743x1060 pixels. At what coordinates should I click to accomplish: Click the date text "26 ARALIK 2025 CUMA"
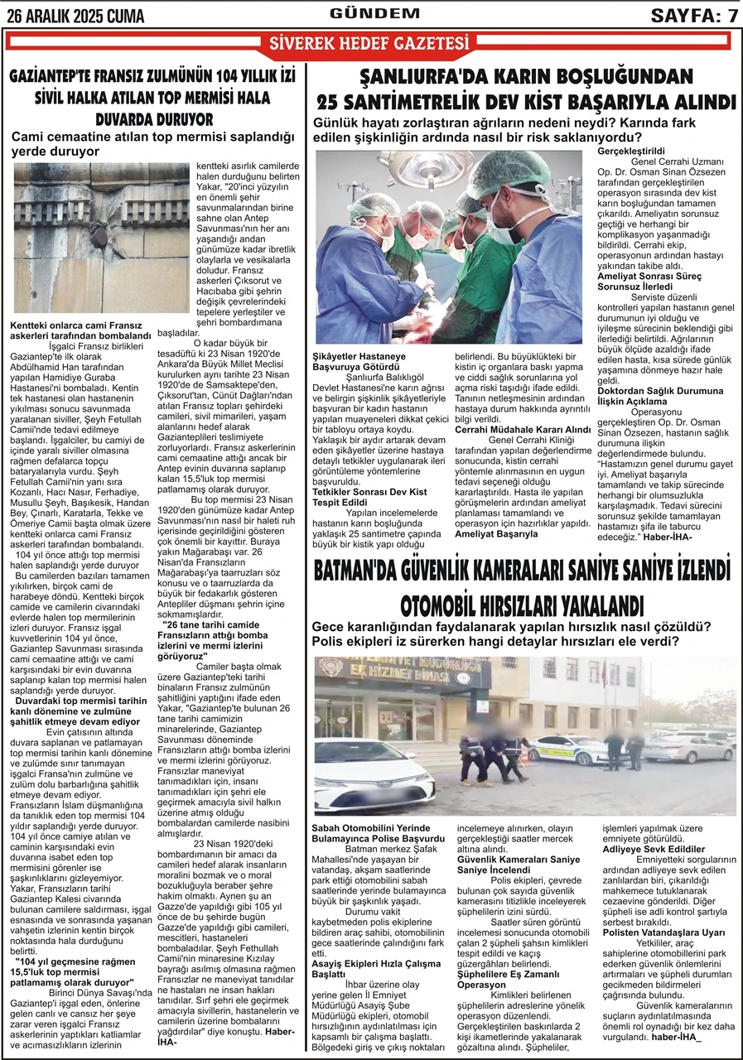(x=74, y=16)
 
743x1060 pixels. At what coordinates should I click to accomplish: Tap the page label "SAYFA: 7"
(x=694, y=15)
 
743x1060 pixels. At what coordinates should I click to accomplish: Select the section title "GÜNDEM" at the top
(x=374, y=13)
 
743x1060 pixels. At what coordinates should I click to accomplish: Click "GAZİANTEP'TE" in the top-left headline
(x=60, y=77)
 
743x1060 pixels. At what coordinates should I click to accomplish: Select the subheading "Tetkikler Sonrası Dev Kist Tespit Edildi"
(x=369, y=497)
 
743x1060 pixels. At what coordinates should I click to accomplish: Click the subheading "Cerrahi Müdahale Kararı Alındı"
(x=523, y=430)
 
